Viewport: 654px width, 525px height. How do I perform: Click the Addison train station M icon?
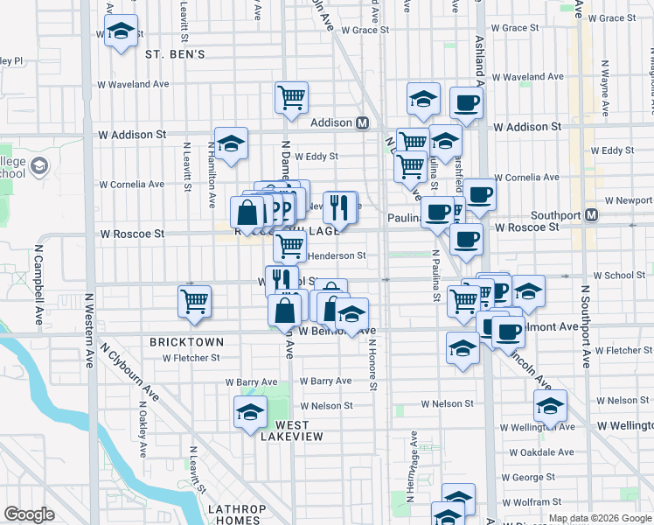click(x=362, y=123)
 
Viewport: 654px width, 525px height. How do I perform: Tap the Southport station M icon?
click(x=592, y=214)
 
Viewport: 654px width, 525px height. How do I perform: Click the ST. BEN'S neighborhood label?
click(x=175, y=54)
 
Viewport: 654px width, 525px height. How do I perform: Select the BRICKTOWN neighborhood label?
click(x=186, y=342)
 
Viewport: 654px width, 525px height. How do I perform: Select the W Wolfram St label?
click(x=537, y=502)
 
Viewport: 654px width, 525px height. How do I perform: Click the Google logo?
click(x=29, y=514)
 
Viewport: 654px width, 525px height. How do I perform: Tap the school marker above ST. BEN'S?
click(x=121, y=32)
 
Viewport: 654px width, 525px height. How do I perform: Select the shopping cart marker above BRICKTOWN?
click(x=194, y=300)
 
